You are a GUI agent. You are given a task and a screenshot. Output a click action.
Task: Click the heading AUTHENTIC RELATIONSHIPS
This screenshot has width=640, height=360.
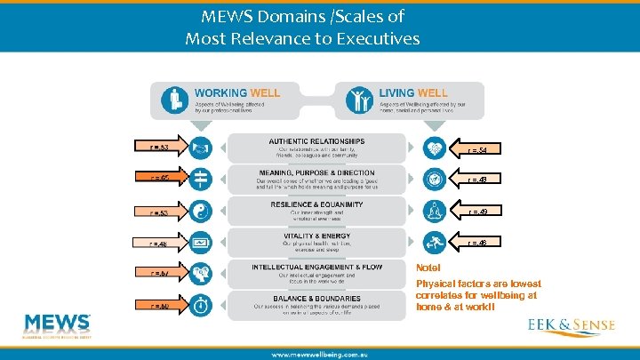[x=316, y=141]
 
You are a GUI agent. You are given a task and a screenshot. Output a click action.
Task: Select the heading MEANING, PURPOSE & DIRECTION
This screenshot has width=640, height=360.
[x=316, y=172]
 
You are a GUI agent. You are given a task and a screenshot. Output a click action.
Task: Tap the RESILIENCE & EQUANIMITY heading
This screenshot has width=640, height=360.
[x=316, y=204]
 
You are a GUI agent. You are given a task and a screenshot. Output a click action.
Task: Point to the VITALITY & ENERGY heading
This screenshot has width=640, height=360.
[x=316, y=236]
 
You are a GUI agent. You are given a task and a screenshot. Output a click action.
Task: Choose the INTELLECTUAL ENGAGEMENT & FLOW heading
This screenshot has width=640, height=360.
[x=316, y=267]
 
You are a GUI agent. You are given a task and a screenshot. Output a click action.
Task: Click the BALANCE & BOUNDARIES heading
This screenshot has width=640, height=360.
[x=316, y=298]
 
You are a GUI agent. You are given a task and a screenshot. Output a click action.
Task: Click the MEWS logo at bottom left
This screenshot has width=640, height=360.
[x=58, y=325]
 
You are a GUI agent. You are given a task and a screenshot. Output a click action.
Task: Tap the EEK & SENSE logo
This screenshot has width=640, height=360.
[x=571, y=325]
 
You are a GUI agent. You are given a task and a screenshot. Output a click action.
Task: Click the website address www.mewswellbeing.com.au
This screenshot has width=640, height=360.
[x=319, y=354]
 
